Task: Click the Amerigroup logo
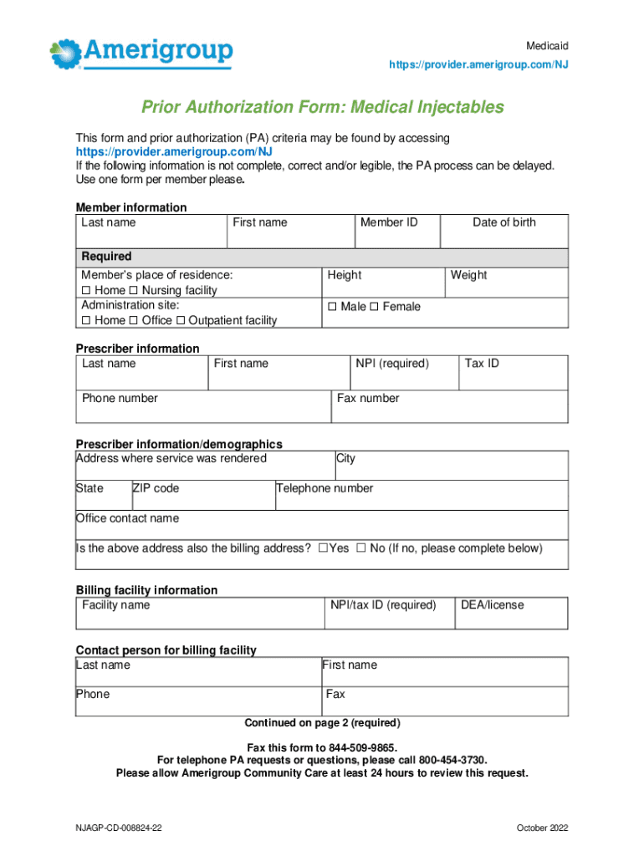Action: [141, 52]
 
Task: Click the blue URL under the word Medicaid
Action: [479, 64]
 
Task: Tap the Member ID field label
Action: [388, 222]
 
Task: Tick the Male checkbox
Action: [332, 307]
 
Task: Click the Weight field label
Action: [468, 275]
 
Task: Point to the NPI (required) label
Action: [391, 364]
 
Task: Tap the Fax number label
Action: [368, 399]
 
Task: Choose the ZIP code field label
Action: [156, 488]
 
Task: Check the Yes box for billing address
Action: [323, 549]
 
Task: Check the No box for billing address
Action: [361, 549]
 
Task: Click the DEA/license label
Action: [493, 605]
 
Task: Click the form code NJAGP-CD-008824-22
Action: [119, 828]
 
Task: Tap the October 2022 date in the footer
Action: [542, 828]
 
